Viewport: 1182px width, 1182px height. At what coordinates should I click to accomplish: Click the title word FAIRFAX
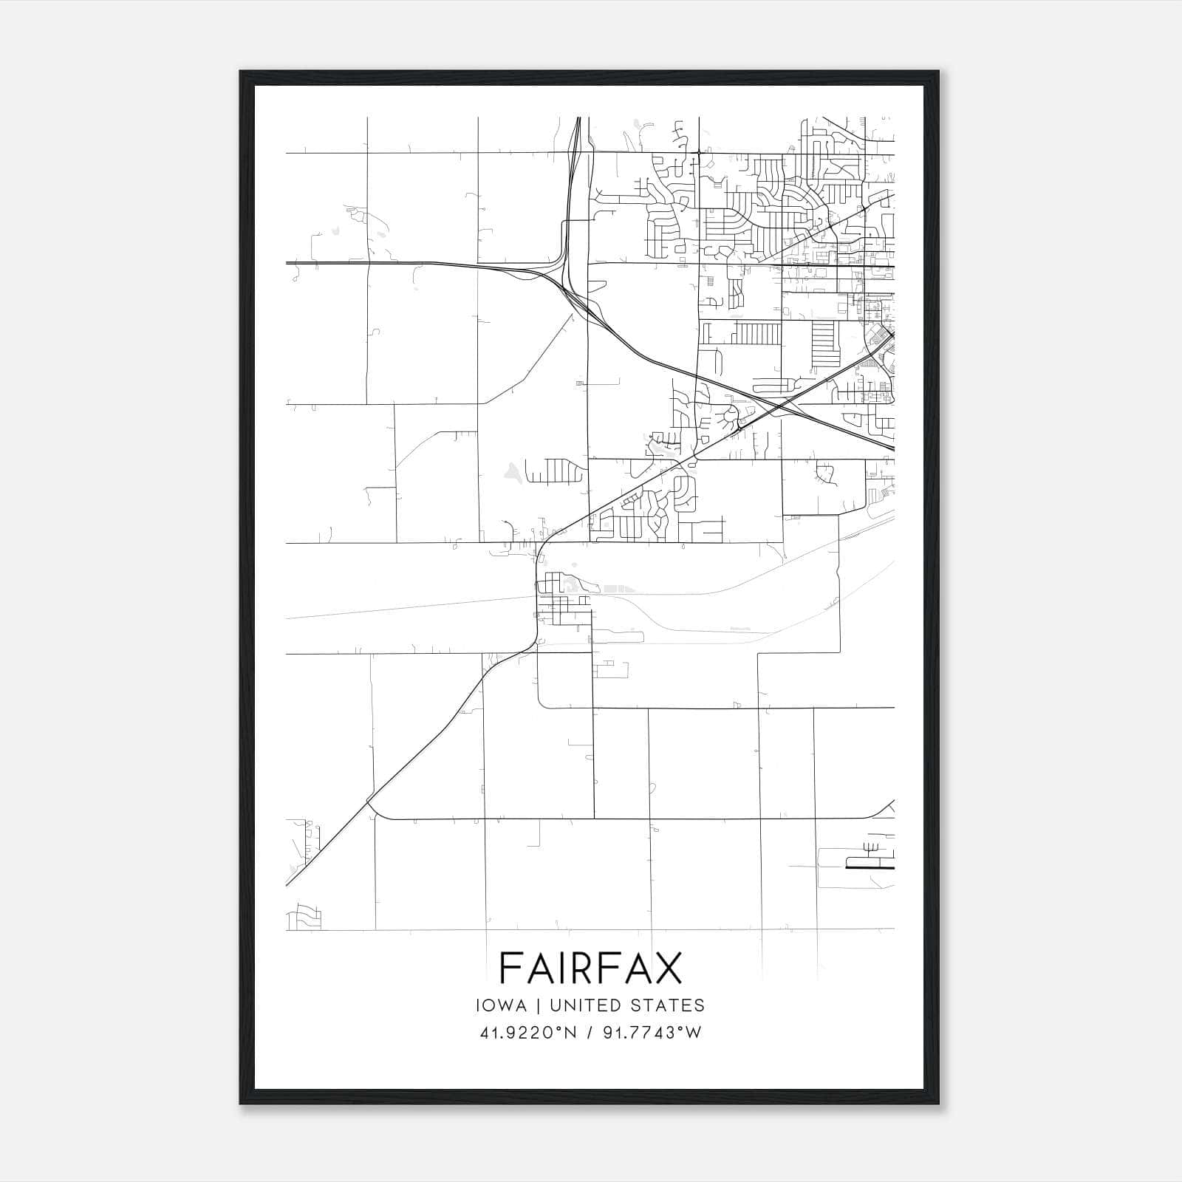tap(590, 968)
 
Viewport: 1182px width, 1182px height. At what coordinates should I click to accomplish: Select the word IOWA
tap(502, 1005)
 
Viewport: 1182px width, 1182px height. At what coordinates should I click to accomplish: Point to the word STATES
tap(669, 1005)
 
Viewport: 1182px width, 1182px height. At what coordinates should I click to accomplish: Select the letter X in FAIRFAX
tap(665, 968)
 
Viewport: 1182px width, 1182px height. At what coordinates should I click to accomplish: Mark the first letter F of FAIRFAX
tap(510, 968)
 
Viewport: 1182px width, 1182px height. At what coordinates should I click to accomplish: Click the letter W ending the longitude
tap(693, 1033)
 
